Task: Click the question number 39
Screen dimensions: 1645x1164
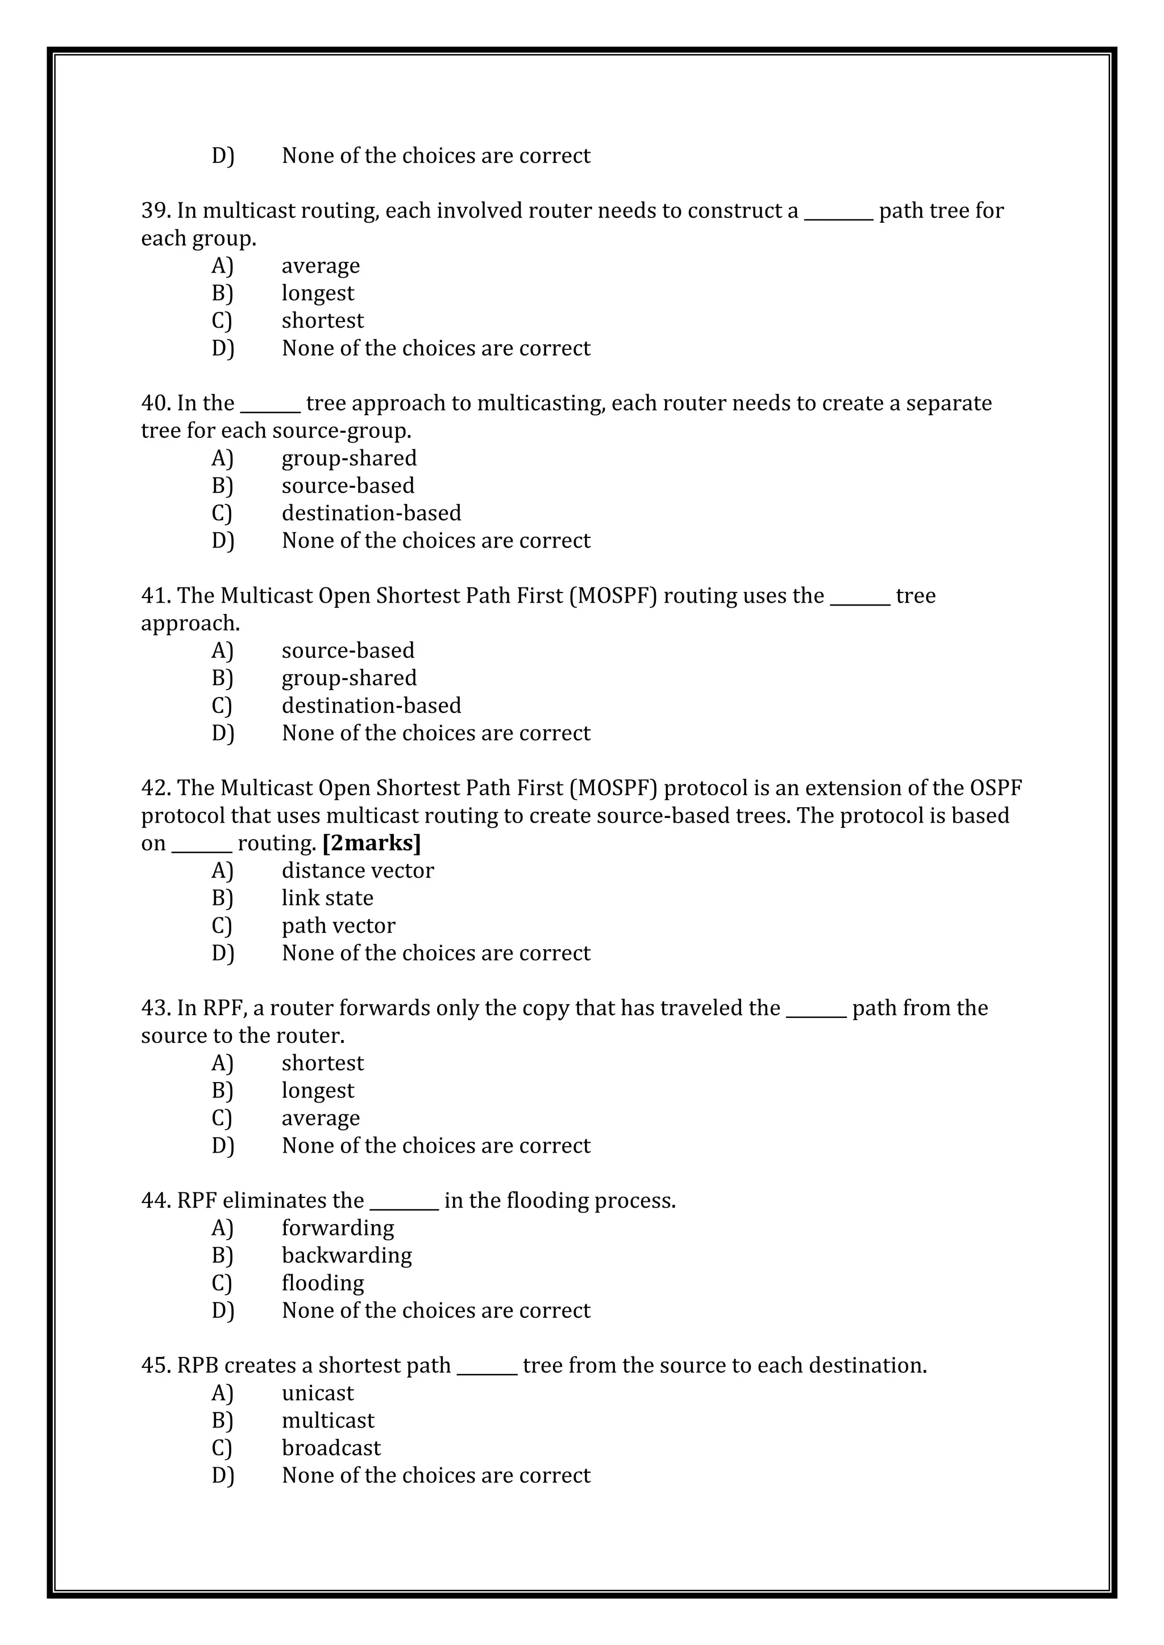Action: click(x=155, y=211)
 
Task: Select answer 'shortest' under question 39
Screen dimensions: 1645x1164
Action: click(x=322, y=320)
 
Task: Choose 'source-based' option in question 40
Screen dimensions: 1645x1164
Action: click(x=348, y=486)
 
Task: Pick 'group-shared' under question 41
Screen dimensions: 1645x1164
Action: click(x=349, y=678)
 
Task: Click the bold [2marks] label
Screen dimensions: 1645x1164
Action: click(x=371, y=844)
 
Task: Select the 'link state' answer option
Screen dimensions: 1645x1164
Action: click(x=327, y=897)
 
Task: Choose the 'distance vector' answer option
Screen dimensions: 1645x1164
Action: click(x=357, y=871)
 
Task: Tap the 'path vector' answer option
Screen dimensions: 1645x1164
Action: click(x=338, y=926)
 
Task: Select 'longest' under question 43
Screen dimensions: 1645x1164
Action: click(x=318, y=1091)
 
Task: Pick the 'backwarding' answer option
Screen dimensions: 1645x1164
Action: click(x=346, y=1255)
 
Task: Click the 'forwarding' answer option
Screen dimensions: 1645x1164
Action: click(x=338, y=1228)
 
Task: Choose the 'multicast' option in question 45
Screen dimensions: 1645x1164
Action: click(x=327, y=1421)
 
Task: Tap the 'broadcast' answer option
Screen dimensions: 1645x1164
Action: click(x=331, y=1448)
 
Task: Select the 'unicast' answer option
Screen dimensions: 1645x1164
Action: click(x=318, y=1393)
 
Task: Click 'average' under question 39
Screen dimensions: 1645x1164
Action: click(x=321, y=266)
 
